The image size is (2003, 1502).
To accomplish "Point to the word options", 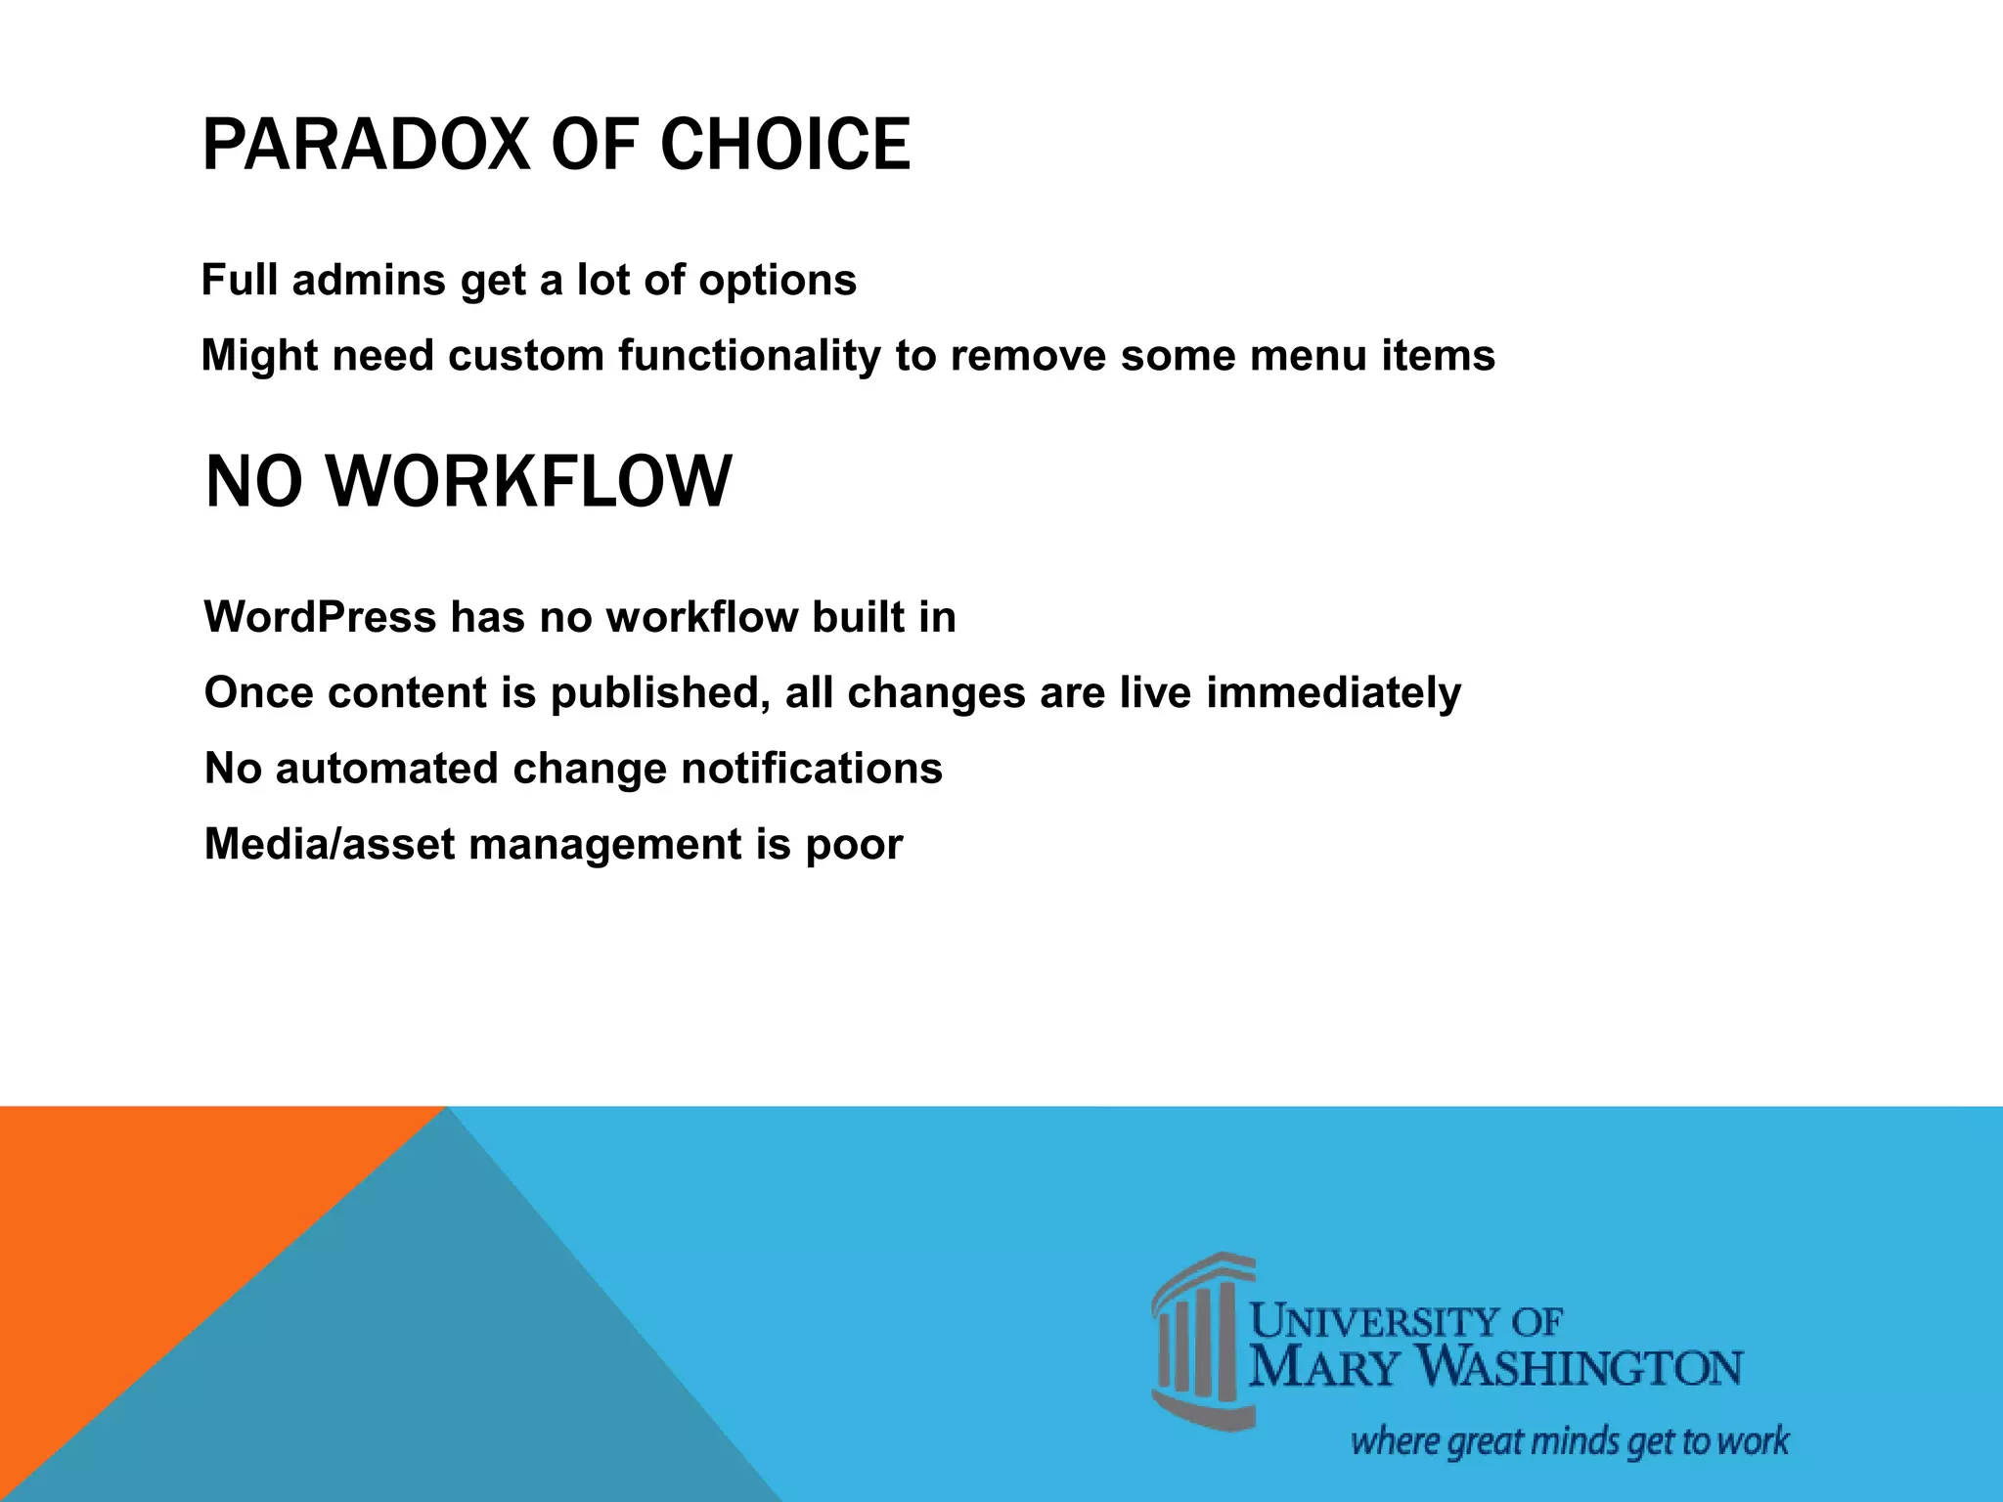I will click(777, 282).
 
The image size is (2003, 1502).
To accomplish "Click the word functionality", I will click(749, 356).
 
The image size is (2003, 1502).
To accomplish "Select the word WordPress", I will click(320, 617).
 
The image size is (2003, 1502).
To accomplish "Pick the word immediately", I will click(1333, 693).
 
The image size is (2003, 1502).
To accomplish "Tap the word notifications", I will click(811, 769).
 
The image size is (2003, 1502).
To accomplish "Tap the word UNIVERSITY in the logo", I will click(1379, 1323).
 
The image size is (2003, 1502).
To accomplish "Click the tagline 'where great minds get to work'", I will click(1569, 1441).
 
